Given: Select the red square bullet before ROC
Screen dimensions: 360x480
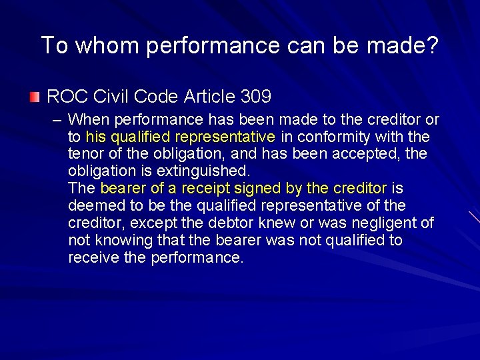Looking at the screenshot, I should [35, 97].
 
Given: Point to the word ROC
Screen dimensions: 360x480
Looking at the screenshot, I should [63, 97].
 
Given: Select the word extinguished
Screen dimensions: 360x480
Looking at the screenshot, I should [203, 171].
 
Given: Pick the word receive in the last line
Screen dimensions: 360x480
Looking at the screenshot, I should [93, 257].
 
